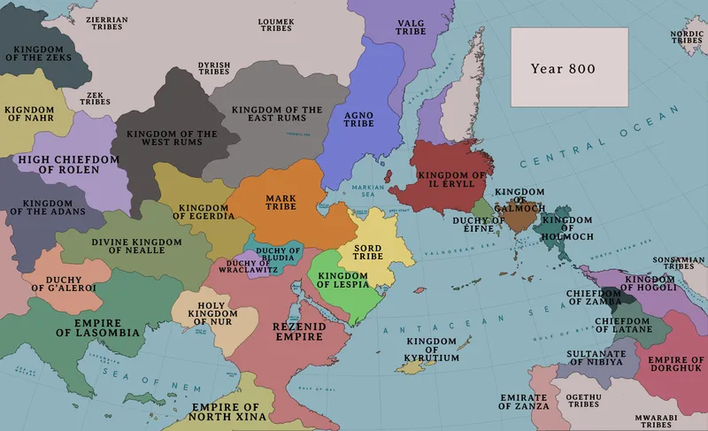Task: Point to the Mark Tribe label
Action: point(280,202)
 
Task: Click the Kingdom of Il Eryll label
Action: point(451,180)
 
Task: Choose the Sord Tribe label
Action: point(367,250)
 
